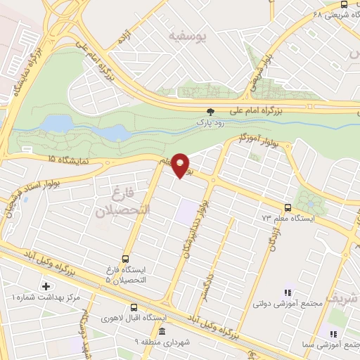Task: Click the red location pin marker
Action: (x=181, y=165)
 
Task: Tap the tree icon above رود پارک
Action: (x=210, y=112)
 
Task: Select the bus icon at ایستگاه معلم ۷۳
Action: (x=288, y=207)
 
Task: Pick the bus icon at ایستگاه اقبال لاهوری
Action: (x=134, y=307)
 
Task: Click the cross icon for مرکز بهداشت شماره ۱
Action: (x=47, y=286)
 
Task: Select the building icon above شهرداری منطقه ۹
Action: (x=162, y=332)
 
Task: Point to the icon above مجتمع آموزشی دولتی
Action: (x=287, y=292)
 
